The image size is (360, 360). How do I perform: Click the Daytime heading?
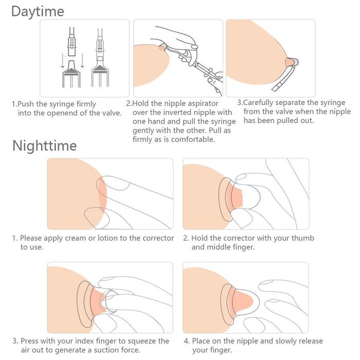pyautogui.click(x=38, y=11)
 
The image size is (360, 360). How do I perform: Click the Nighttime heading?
pyautogui.click(x=45, y=146)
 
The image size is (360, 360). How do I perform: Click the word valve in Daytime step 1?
pyautogui.click(x=112, y=113)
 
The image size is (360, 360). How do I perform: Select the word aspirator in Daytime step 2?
pyautogui.click(x=203, y=104)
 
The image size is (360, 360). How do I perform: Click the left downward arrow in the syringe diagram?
pyautogui.click(x=62, y=61)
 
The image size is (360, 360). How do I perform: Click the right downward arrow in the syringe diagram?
pyautogui.click(x=82, y=61)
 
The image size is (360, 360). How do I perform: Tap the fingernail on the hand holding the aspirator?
pyautogui.click(x=194, y=47)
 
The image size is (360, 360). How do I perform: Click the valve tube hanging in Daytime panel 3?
pyautogui.click(x=285, y=78)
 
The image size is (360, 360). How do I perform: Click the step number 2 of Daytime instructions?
pyautogui.click(x=129, y=103)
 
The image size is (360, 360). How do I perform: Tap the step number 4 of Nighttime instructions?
pyautogui.click(x=186, y=341)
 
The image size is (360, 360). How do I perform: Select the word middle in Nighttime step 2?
pyautogui.click(x=218, y=247)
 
